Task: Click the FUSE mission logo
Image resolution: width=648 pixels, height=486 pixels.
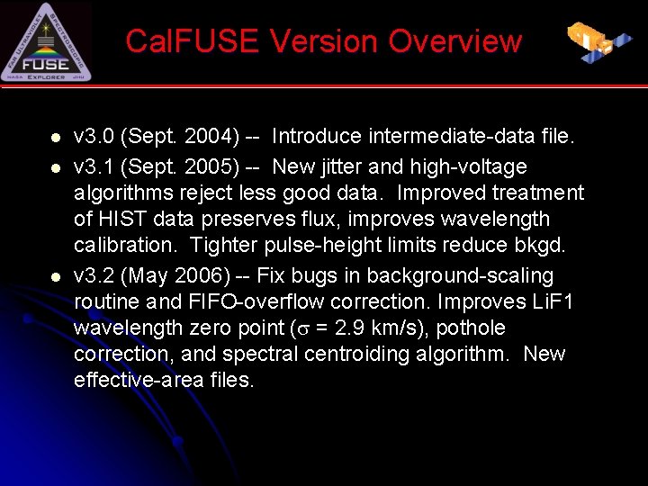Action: click(x=46, y=42)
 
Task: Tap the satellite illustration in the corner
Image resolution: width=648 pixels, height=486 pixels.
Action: click(x=598, y=41)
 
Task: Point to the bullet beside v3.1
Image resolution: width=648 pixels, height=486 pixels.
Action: click(x=55, y=168)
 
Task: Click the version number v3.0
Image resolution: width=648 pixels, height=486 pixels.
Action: click(x=94, y=137)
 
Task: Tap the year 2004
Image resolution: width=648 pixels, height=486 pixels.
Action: click(x=210, y=137)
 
